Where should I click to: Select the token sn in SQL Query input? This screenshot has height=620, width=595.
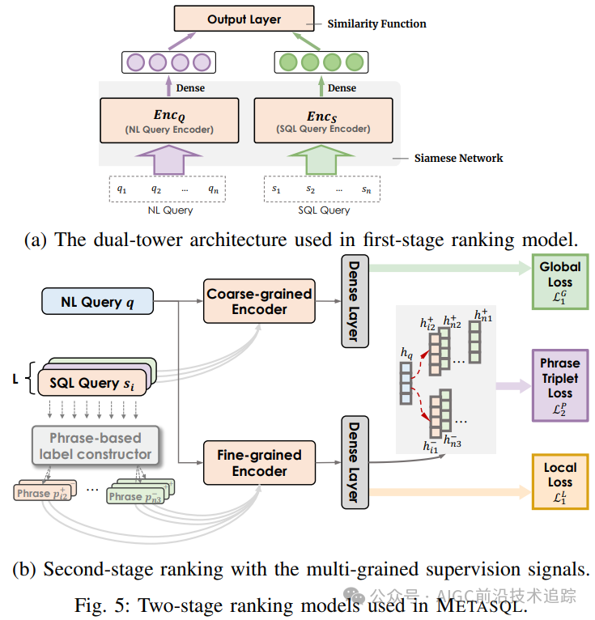[x=367, y=189]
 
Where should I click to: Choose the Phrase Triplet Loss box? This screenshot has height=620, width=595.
[x=559, y=385]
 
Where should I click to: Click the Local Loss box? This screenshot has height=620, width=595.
[x=559, y=482]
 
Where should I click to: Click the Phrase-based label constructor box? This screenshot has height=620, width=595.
[x=96, y=446]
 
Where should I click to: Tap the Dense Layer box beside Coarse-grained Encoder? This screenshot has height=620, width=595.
[x=352, y=301]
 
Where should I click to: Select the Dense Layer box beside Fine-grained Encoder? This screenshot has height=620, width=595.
[x=352, y=461]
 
